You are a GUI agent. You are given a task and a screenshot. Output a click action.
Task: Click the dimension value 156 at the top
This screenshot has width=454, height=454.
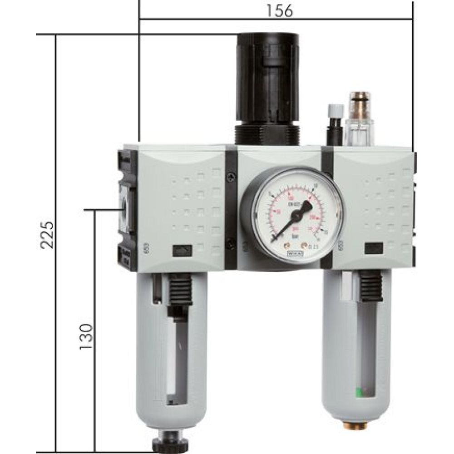280,10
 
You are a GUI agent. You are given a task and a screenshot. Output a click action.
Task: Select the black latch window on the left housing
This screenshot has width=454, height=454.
181,250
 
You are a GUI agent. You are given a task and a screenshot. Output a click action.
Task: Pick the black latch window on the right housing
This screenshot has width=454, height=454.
374,248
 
